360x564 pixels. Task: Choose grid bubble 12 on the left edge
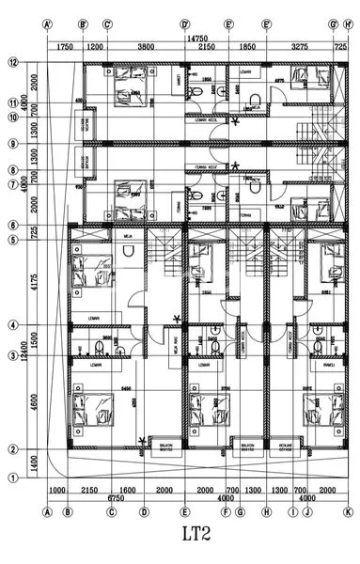tap(13, 63)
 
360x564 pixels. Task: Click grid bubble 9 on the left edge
tap(13, 144)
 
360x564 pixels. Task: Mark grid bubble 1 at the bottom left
tap(13, 478)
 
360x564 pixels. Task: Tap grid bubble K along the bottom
tap(347, 512)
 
